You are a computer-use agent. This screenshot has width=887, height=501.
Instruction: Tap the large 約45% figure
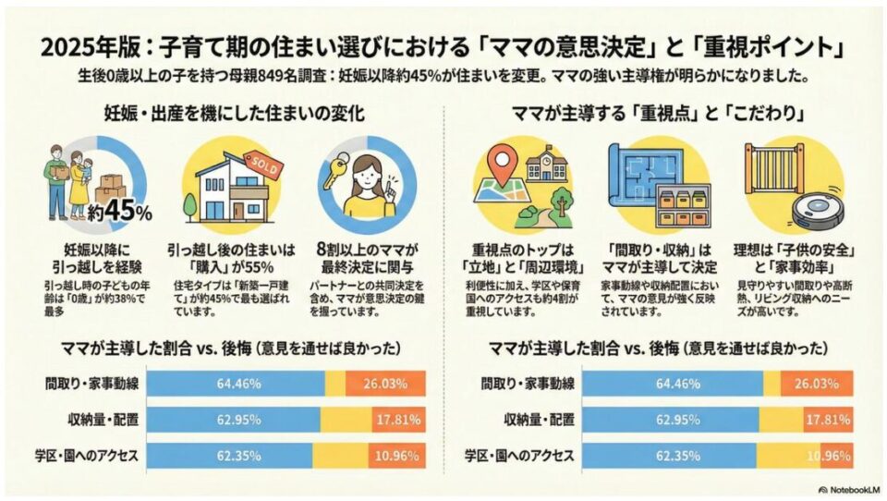(x=119, y=210)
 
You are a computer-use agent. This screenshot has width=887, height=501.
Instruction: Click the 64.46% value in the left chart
(x=236, y=383)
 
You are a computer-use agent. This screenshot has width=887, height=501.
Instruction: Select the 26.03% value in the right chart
(x=814, y=383)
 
